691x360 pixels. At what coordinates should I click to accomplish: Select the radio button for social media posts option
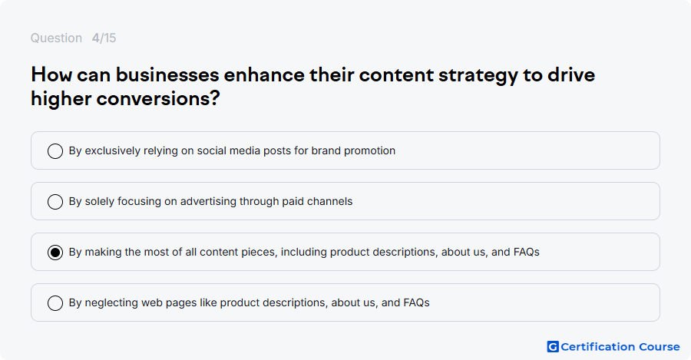click(x=55, y=151)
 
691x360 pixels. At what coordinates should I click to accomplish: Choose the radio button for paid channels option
click(x=55, y=202)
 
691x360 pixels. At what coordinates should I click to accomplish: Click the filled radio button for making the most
click(x=55, y=253)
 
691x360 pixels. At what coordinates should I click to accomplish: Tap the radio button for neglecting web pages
click(x=55, y=303)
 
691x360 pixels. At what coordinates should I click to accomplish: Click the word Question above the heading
click(x=56, y=38)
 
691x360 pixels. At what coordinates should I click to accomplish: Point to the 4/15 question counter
click(x=104, y=38)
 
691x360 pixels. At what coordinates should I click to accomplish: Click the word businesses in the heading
click(x=167, y=75)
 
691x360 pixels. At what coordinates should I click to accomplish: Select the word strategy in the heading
click(x=478, y=76)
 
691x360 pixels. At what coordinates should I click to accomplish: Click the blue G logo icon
click(x=553, y=347)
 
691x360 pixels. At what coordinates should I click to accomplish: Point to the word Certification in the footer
click(x=598, y=347)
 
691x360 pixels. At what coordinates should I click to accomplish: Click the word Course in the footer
click(x=660, y=347)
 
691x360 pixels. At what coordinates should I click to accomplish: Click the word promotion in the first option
click(x=369, y=150)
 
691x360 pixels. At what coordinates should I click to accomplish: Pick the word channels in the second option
click(x=329, y=201)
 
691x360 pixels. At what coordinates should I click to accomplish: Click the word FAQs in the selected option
click(x=526, y=252)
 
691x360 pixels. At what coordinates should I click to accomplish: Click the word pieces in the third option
click(x=263, y=253)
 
